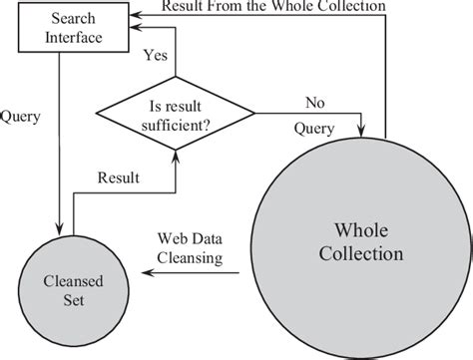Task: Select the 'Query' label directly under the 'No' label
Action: [x=315, y=128]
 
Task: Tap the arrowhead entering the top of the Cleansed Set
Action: [x=61, y=230]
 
